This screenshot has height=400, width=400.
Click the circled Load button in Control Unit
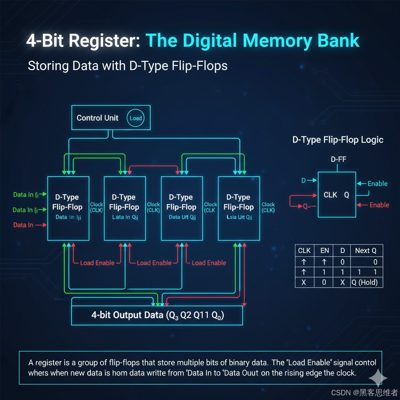click(136, 118)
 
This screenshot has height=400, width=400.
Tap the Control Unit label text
click(97, 118)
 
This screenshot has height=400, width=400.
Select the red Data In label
click(23, 225)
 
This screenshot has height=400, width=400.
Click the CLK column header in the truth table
click(304, 251)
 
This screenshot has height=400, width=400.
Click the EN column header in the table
click(324, 251)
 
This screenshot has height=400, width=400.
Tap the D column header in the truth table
click(343, 251)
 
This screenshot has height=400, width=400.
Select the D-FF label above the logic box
click(338, 159)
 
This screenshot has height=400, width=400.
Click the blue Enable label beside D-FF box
click(377, 184)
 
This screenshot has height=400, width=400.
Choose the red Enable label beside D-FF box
click(379, 205)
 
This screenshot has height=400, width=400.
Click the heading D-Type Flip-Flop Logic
click(338, 140)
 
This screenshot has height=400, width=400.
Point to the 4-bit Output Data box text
click(157, 315)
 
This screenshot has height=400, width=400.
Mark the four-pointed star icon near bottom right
click(378, 378)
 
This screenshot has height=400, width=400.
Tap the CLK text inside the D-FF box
click(330, 195)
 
